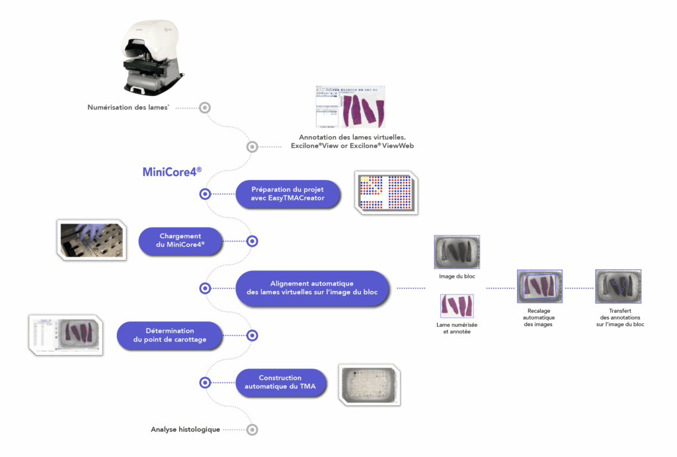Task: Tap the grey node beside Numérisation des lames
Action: click(205, 107)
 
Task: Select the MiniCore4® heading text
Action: click(172, 172)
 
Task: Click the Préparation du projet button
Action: click(288, 194)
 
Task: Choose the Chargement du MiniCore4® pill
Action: click(180, 241)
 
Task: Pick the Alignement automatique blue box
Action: click(313, 288)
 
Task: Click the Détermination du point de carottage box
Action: click(170, 335)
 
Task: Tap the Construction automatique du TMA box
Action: click(280, 382)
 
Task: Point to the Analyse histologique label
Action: click(185, 429)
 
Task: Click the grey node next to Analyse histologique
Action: click(252, 430)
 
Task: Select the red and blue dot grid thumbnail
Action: click(386, 192)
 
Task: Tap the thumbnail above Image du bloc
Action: click(457, 251)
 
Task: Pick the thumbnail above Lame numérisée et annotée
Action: click(457, 306)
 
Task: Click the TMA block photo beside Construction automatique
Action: click(369, 384)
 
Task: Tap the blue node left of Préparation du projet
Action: click(205, 194)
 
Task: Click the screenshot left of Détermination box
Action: click(67, 335)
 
